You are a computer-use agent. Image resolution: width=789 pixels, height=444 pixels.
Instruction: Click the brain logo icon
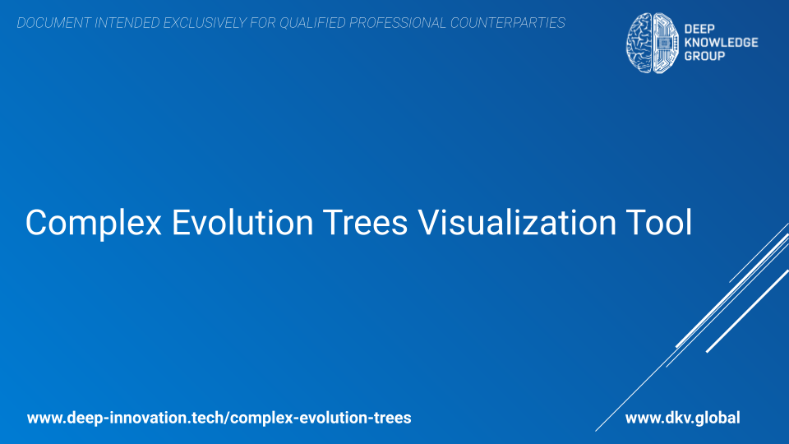pos(651,43)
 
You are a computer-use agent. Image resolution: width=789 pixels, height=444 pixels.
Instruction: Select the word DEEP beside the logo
pos(695,29)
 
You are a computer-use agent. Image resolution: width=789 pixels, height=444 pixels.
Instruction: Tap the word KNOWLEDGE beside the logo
pos(721,43)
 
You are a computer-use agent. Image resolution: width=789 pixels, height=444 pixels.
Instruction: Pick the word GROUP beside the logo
pos(704,56)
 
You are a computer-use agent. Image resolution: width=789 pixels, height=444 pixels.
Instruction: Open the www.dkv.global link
pos(682,418)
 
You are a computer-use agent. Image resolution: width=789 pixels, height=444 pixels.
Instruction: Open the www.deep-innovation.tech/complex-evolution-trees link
pos(219,418)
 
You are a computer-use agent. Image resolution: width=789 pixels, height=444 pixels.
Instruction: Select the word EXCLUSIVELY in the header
pos(208,23)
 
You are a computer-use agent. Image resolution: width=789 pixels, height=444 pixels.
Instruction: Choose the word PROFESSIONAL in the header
pos(398,23)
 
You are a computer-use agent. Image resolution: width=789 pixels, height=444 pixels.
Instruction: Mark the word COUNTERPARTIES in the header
pos(508,23)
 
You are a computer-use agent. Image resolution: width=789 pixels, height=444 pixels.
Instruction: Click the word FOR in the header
pos(263,23)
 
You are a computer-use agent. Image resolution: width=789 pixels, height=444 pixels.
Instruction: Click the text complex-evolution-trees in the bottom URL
pos(322,418)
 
